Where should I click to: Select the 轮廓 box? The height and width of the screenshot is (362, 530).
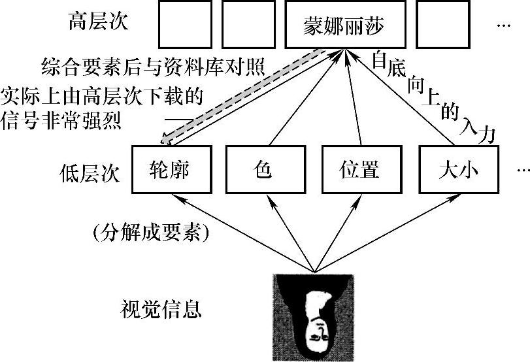[x=173, y=169]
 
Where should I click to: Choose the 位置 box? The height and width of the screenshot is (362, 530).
[x=359, y=169]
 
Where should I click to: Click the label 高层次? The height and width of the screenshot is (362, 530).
[x=98, y=22]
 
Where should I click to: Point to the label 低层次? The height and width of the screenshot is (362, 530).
[x=88, y=176]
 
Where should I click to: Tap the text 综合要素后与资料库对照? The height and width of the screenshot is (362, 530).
[x=152, y=66]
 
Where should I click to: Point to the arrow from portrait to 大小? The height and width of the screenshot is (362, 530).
[x=386, y=232]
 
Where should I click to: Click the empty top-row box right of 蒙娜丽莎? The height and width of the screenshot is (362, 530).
[x=442, y=25]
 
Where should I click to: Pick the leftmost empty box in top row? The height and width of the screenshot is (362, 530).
[x=185, y=25]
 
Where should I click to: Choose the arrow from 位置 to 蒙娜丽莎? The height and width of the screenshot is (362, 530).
[x=350, y=98]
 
